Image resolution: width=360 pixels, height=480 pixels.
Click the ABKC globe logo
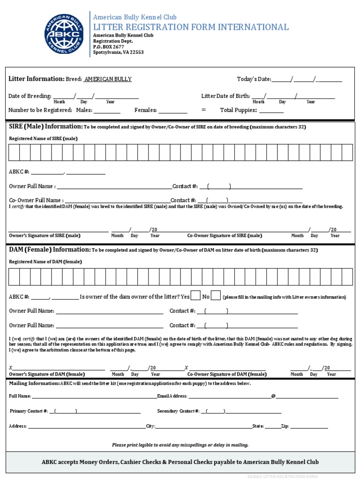pos(64,34)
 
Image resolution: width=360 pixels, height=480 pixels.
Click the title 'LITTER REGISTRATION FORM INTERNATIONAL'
pos(191,27)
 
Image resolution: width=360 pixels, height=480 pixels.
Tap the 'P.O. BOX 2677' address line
pos(108,47)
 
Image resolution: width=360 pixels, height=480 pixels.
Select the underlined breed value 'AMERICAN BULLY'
pos(108,79)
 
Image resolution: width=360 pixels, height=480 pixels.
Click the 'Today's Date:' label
pos(254,79)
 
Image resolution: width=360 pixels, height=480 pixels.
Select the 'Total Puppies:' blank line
pos(271,111)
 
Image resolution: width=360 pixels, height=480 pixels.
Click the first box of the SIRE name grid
pos(14,153)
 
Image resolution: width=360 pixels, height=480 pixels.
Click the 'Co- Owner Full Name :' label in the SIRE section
pos(36,200)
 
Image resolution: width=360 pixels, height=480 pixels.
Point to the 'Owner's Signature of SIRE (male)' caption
pos(45,236)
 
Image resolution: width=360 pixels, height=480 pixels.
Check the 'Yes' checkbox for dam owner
pos(196,296)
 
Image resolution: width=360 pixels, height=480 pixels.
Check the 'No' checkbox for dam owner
pos(216,296)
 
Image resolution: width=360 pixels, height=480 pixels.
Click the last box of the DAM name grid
pos(347,277)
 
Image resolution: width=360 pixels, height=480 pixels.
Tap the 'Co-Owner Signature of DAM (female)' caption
pos(227,375)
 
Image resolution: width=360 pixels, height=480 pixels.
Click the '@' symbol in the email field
pos(273,396)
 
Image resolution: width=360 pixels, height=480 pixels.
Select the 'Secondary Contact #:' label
pos(179,411)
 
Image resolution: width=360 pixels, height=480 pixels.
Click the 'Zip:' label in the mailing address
pos(285,427)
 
